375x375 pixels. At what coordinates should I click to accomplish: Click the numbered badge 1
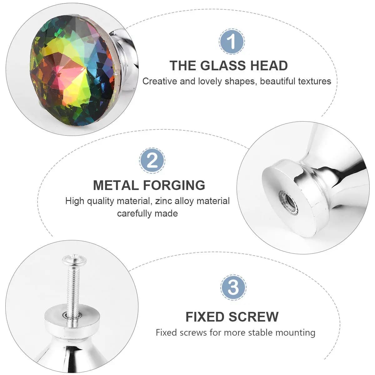coord(232,41)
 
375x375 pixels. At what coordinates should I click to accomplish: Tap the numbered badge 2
coord(152,161)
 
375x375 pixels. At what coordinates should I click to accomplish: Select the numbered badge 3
coord(233,287)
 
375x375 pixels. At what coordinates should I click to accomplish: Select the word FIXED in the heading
coord(205,317)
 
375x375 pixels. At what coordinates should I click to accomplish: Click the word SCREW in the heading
coord(253,317)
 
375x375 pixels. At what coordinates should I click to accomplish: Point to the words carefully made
coord(147,214)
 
